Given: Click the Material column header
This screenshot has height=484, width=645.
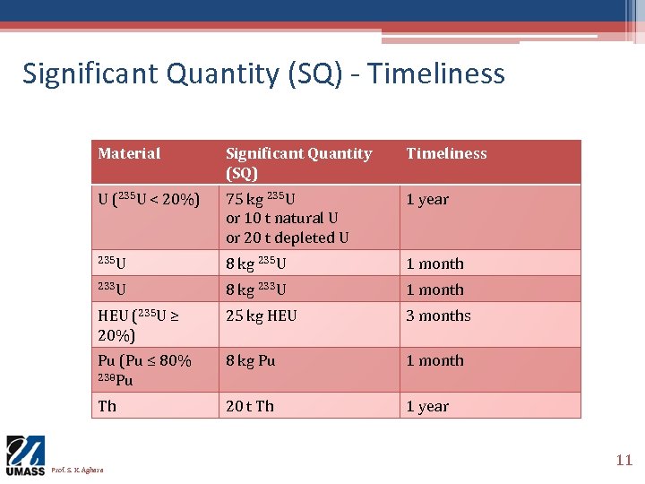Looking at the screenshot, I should [x=129, y=154].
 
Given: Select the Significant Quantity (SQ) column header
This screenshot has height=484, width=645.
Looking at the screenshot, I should [x=297, y=162].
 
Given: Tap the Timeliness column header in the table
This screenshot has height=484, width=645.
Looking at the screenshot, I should [x=446, y=154].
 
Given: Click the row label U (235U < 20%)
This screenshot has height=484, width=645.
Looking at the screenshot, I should [x=148, y=200].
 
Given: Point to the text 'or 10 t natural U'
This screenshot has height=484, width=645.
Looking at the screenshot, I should [x=281, y=219].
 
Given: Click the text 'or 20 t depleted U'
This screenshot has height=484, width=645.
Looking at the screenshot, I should [x=287, y=238].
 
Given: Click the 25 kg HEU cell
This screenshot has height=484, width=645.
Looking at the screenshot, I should [x=261, y=315].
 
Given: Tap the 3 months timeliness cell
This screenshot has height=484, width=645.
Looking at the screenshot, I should [x=438, y=315].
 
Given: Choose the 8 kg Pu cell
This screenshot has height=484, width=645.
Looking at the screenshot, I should [x=250, y=360].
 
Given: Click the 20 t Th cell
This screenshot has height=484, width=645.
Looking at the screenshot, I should [x=250, y=406].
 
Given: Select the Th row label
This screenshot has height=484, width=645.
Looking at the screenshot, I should [x=107, y=406].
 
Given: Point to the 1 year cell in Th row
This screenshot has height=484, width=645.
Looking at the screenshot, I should [x=427, y=406].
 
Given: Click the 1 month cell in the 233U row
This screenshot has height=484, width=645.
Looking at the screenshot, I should [x=434, y=290].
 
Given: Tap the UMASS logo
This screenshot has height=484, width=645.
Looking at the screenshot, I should [x=25, y=455].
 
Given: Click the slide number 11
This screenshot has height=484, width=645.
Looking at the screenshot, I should [x=623, y=460].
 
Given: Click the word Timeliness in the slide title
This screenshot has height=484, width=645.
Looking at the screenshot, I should [x=436, y=73].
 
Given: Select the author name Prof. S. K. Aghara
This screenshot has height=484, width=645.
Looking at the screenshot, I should [x=77, y=470].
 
